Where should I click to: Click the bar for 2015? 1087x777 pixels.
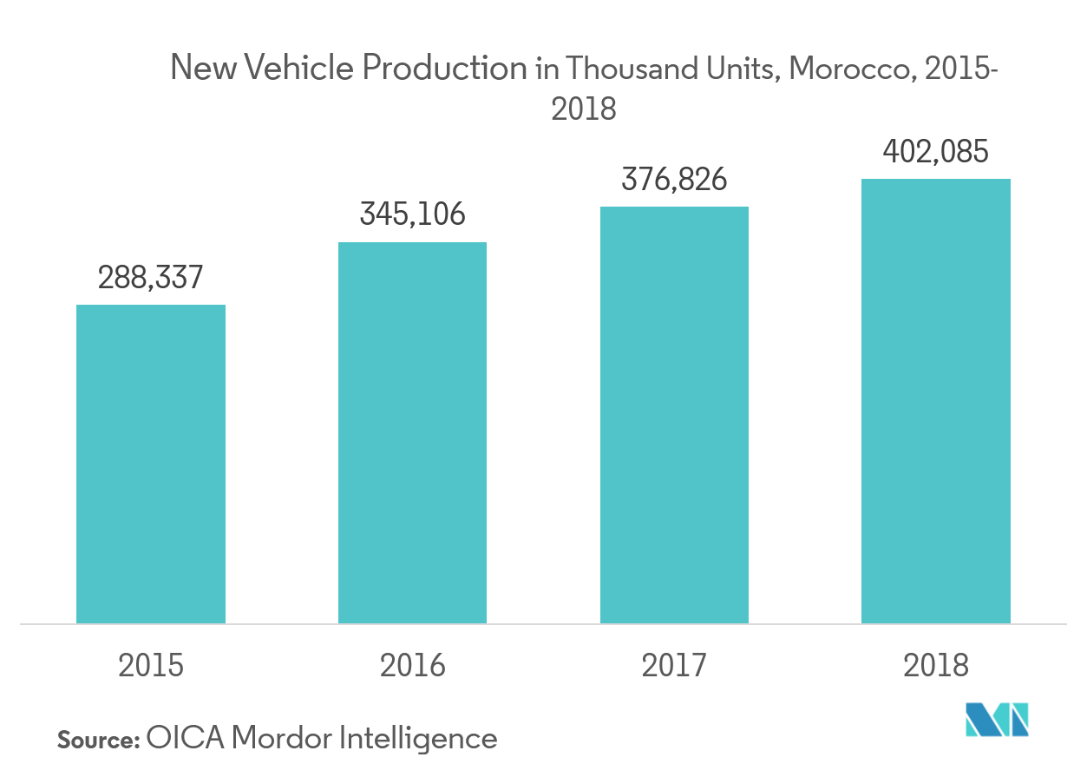coord(151,464)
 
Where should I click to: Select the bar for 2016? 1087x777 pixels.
coord(412,432)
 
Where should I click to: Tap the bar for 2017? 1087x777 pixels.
coord(674,415)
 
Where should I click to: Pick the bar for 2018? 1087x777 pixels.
coord(936,401)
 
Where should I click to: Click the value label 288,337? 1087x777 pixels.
coord(151,278)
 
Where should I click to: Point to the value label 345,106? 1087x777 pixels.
coord(413,214)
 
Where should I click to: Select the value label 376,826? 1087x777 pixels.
coord(674,180)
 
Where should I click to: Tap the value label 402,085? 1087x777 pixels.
coord(936,152)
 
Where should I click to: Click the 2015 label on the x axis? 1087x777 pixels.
coord(151,666)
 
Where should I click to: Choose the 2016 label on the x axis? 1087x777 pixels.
coord(412,666)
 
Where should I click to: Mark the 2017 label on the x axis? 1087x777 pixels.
coord(674,666)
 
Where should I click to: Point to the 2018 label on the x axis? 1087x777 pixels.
coord(936,666)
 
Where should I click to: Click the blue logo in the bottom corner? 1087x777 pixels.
coord(998,720)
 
